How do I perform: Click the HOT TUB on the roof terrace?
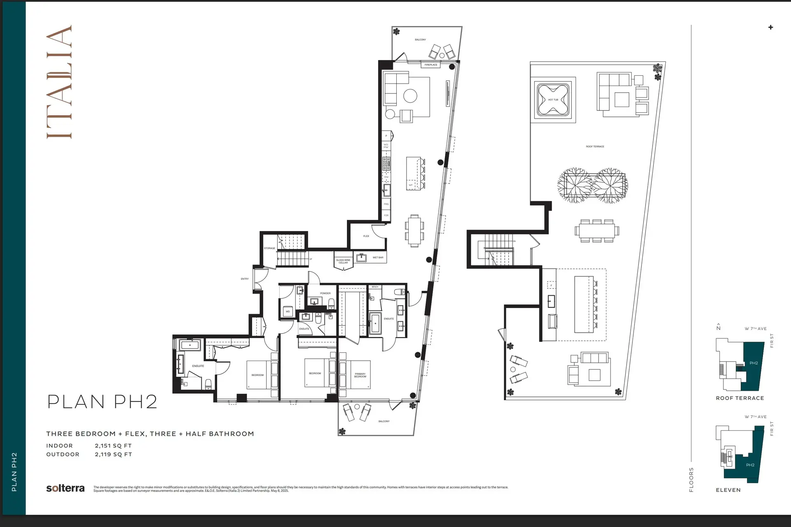click(553, 100)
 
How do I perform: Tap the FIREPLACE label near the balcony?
click(431, 65)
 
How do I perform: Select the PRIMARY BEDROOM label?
click(360, 375)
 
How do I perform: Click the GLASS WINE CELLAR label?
click(343, 261)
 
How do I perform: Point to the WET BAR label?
click(378, 257)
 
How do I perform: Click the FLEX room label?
click(366, 236)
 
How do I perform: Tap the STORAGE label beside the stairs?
click(269, 248)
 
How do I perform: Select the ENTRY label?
click(245, 279)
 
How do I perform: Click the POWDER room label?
click(325, 293)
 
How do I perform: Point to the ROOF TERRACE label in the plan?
click(595, 147)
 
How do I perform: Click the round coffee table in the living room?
click(410, 96)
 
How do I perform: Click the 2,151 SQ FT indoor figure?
click(113, 445)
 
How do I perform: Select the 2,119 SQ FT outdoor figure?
click(113, 455)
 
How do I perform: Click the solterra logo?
click(65, 488)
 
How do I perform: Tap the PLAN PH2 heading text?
click(102, 401)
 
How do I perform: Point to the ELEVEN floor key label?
click(728, 490)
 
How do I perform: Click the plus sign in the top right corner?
click(770, 27)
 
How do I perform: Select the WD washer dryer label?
click(288, 311)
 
